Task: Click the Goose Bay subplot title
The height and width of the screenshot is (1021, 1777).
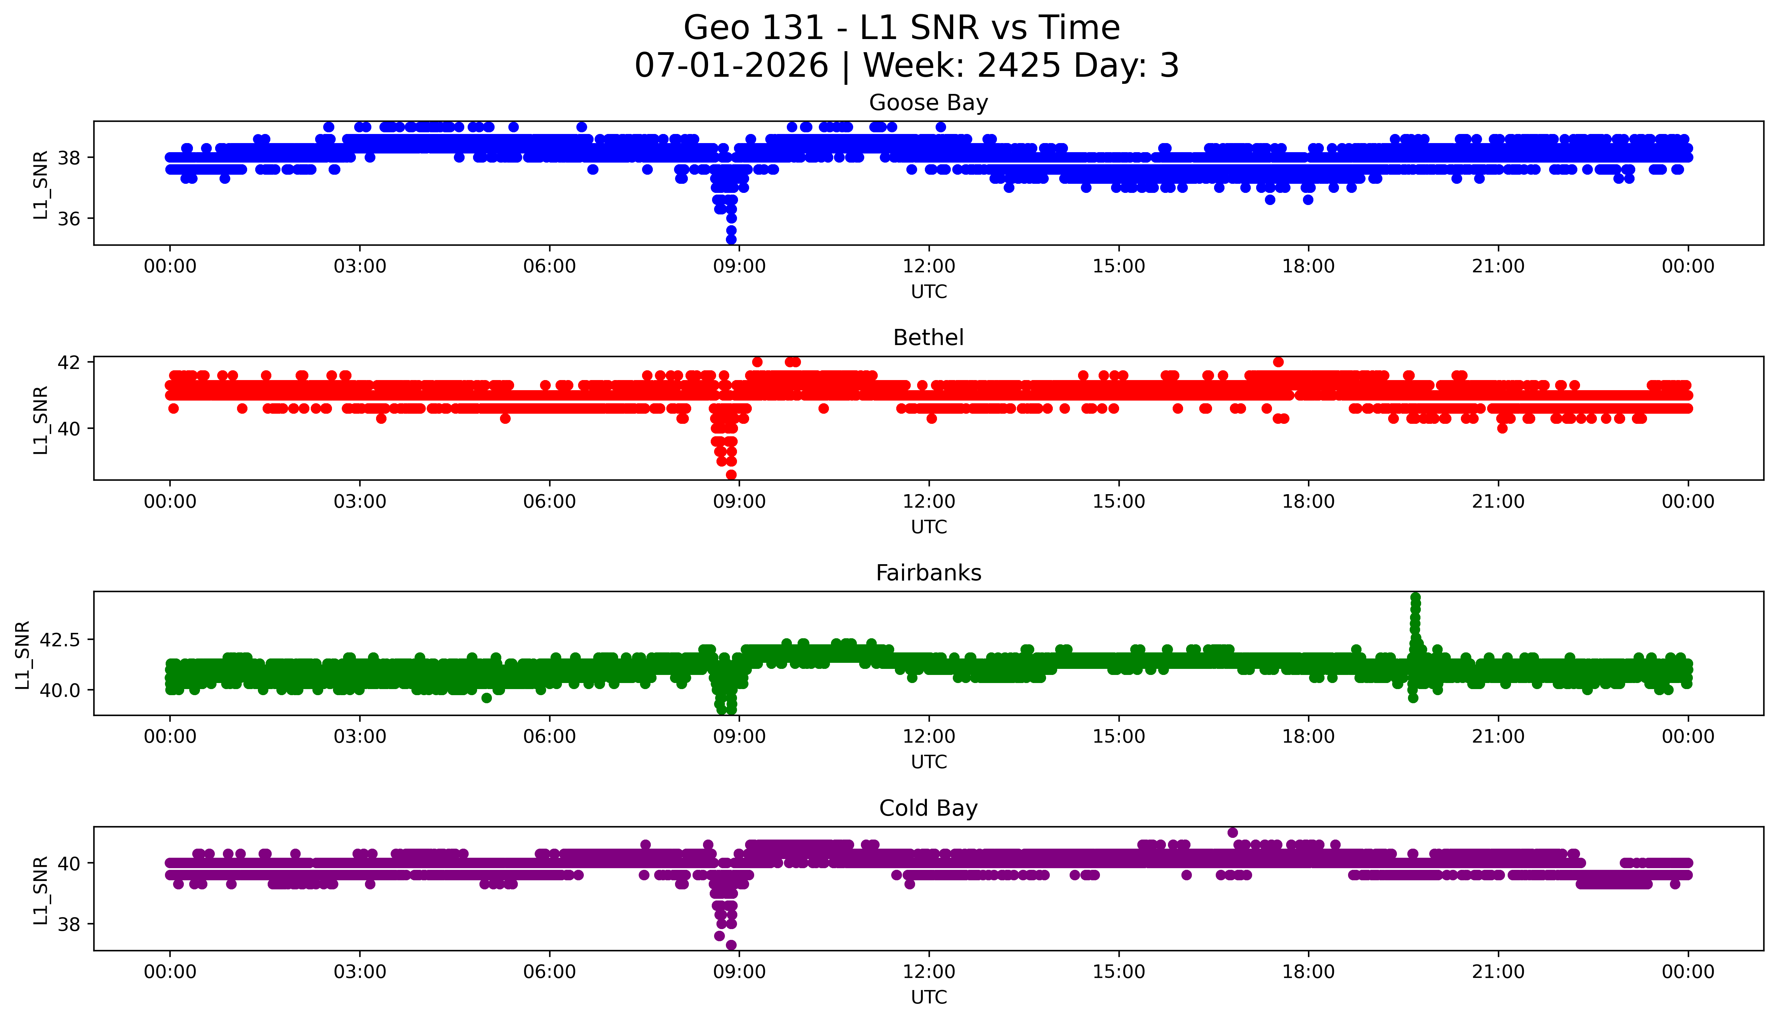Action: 929,103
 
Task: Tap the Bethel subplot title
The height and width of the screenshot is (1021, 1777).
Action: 929,338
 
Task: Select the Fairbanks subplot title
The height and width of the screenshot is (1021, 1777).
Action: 929,573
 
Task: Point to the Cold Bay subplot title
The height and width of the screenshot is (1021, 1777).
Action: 929,809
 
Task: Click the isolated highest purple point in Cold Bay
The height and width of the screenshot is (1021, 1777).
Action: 1233,832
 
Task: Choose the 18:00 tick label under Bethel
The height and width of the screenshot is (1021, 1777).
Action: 1309,501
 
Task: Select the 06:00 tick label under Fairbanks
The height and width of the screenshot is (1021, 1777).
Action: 549,736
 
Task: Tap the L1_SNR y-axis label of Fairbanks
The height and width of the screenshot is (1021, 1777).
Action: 23,655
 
